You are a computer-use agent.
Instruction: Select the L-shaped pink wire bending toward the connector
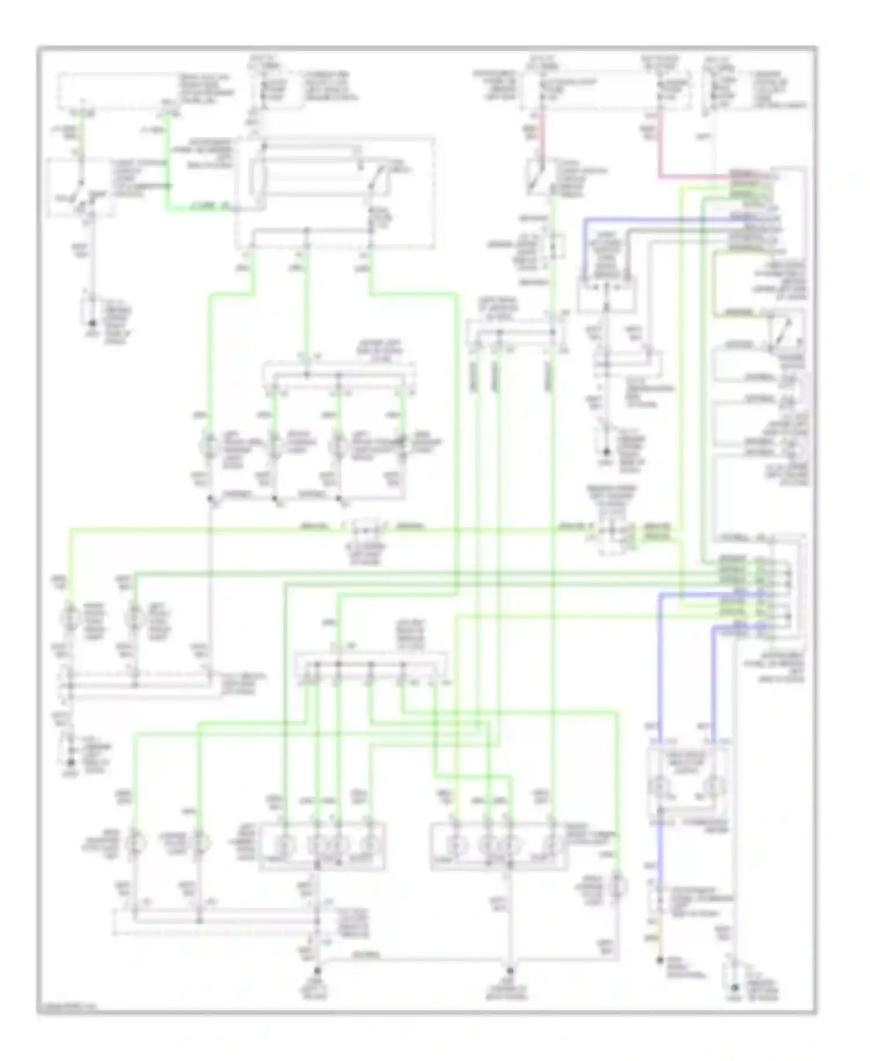(659, 157)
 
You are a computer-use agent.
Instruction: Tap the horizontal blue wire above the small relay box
(655, 219)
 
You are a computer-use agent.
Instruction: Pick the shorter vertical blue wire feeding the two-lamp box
(713, 685)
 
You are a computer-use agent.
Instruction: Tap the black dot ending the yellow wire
(659, 961)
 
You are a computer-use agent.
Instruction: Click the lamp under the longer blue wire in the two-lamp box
(661, 787)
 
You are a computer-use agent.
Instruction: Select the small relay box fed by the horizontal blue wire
(607, 294)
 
